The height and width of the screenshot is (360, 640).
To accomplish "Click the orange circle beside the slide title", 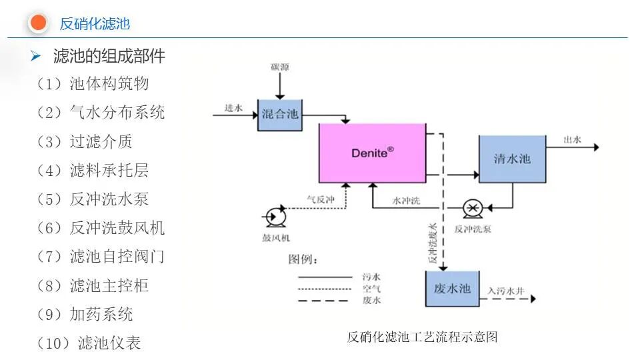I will point(39,23).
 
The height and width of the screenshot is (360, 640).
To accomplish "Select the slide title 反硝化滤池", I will point(95,25).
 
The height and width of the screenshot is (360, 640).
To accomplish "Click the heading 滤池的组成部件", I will point(109,56).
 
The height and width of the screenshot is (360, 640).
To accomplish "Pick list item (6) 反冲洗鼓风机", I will point(101,228).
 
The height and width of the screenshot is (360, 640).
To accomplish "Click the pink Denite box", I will point(372,153).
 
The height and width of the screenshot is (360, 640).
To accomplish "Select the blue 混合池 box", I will point(280,114).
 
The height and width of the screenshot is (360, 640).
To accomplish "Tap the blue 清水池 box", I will point(512,159).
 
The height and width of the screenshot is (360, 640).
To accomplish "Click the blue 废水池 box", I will point(452,289).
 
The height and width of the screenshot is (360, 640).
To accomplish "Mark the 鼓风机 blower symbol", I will point(273,217).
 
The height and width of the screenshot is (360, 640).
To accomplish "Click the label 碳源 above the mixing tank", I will point(280,67).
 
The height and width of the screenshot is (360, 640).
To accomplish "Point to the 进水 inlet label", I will point(233,107).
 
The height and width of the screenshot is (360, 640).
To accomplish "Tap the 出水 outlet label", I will point(572,139).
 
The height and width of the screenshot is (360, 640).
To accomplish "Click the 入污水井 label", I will point(505,290).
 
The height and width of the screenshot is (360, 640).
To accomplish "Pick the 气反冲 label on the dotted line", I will point(318,198).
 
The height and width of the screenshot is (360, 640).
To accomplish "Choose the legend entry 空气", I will point(371,288).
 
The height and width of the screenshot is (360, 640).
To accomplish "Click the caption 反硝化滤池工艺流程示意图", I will point(422,337).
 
